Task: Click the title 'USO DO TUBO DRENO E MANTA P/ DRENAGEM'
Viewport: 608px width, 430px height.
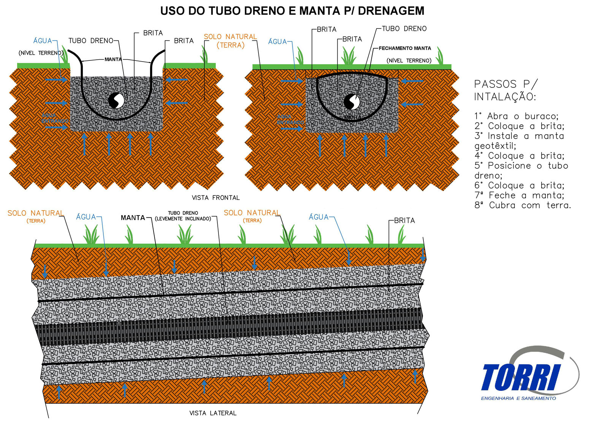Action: coord(292,11)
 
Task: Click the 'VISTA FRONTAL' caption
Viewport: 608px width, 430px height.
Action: coord(215,198)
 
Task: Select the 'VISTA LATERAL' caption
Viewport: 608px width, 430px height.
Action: coord(213,413)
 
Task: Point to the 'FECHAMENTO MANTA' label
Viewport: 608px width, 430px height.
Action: coord(405,48)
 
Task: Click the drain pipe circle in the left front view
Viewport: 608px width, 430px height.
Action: coord(116,101)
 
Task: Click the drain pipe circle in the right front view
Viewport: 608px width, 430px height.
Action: coord(351,102)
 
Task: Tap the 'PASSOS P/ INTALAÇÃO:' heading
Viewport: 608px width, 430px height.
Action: coord(505,90)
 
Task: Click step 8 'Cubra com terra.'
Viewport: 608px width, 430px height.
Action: coord(522,205)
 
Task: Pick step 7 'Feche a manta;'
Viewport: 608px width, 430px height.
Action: coord(519,195)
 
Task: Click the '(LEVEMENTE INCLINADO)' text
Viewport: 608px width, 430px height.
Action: coord(183,219)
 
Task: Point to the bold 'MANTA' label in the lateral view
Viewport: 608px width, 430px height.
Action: coord(133,218)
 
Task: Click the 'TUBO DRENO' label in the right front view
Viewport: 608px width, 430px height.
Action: coord(404,29)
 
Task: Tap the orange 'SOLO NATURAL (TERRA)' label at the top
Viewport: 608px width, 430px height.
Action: coord(230,41)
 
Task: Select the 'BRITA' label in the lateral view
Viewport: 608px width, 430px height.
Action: coord(404,221)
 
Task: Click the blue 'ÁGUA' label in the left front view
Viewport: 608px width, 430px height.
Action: coord(43,41)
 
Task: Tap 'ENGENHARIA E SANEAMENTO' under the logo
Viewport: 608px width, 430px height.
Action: coord(518,398)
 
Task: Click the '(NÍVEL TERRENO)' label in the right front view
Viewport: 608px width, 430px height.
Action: coord(409,61)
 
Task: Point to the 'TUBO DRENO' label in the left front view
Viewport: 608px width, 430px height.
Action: coord(91,41)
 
